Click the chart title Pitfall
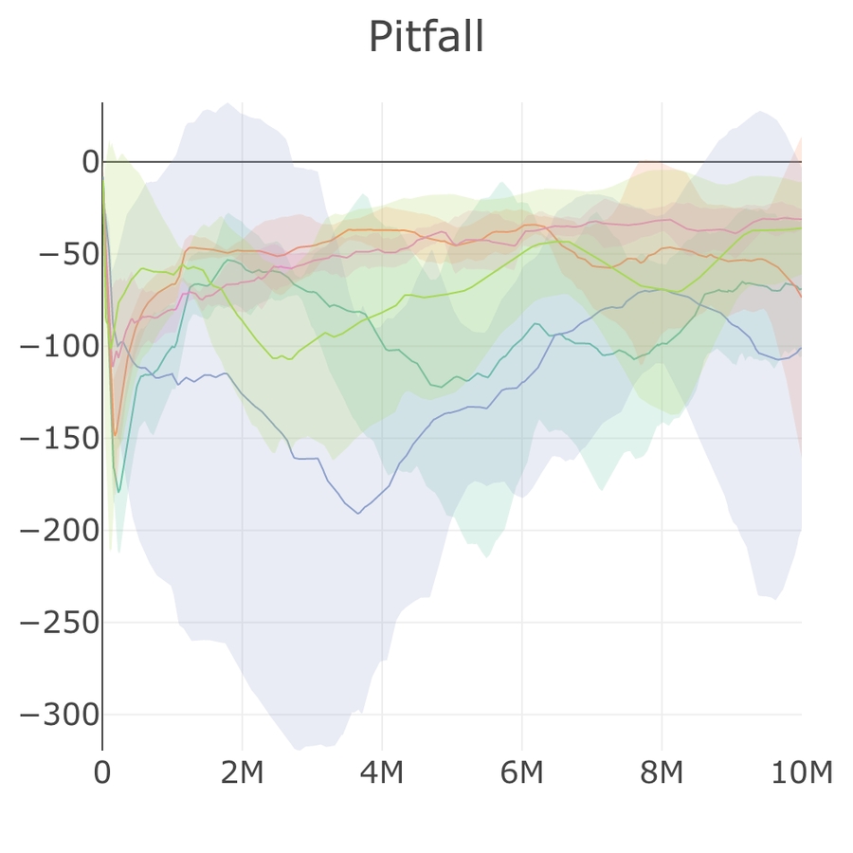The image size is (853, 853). [x=426, y=38]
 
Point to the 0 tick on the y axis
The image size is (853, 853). [x=90, y=162]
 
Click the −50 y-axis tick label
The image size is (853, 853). [x=69, y=254]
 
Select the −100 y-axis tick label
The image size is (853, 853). [x=60, y=346]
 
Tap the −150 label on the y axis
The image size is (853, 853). [x=60, y=438]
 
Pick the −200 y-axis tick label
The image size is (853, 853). [x=60, y=530]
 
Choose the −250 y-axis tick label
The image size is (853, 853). [x=60, y=623]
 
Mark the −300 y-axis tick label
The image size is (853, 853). [x=60, y=715]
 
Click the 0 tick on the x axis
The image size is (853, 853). [x=102, y=773]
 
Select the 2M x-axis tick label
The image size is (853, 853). [x=242, y=773]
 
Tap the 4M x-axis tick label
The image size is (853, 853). [x=382, y=773]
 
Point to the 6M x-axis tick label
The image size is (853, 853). [x=521, y=773]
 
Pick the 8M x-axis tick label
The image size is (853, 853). [x=662, y=773]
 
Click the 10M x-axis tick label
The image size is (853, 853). [x=801, y=773]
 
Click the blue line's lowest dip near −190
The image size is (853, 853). [x=358, y=513]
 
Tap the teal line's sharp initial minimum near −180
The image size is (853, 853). [x=118, y=492]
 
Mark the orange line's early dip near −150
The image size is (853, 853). [x=116, y=435]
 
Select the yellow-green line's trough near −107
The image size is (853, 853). [x=289, y=359]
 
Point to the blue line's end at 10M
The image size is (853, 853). [x=801, y=347]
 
